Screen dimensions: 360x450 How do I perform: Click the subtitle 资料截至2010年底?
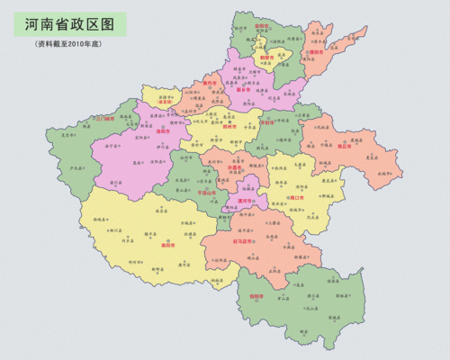click(x=71, y=44)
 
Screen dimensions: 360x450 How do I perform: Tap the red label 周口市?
click(x=294, y=194)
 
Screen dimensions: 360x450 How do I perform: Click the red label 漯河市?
click(x=246, y=203)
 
